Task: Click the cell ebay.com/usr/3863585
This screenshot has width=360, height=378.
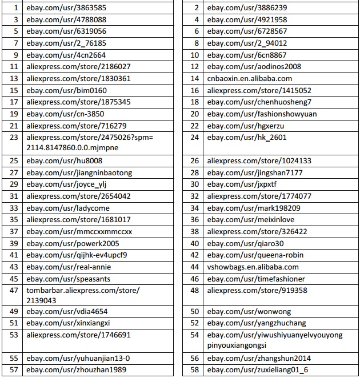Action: (x=66, y=8)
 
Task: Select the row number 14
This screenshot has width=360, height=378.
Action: (x=195, y=79)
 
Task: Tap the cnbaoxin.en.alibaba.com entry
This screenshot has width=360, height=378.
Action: (x=250, y=79)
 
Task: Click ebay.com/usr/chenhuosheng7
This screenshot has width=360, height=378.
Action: (x=259, y=102)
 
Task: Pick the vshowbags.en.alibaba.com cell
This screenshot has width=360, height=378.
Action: (x=253, y=267)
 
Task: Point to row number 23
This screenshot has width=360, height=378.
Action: (x=14, y=138)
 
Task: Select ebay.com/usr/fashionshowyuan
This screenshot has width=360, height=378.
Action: (x=262, y=114)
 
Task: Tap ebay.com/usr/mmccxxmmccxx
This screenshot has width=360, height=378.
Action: (x=79, y=232)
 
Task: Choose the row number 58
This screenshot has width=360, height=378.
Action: (x=195, y=370)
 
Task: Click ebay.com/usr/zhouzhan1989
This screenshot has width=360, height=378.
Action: (x=76, y=370)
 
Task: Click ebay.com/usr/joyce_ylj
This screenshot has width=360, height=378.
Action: (x=66, y=184)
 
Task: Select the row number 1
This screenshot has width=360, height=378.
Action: (x=14, y=8)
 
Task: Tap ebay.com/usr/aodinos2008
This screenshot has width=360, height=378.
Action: (x=254, y=67)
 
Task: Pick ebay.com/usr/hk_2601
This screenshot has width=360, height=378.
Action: (x=247, y=138)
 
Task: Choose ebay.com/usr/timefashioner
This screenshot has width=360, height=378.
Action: (x=256, y=279)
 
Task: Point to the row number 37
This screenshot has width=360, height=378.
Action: (x=14, y=232)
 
